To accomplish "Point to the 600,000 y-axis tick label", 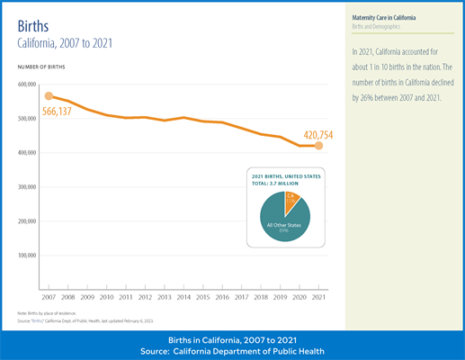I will click(25, 84).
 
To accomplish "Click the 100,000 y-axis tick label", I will click(25, 256).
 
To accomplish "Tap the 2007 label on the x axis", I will click(49, 296).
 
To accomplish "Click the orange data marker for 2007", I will click(49, 96).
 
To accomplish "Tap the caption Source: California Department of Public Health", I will click(232, 350).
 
